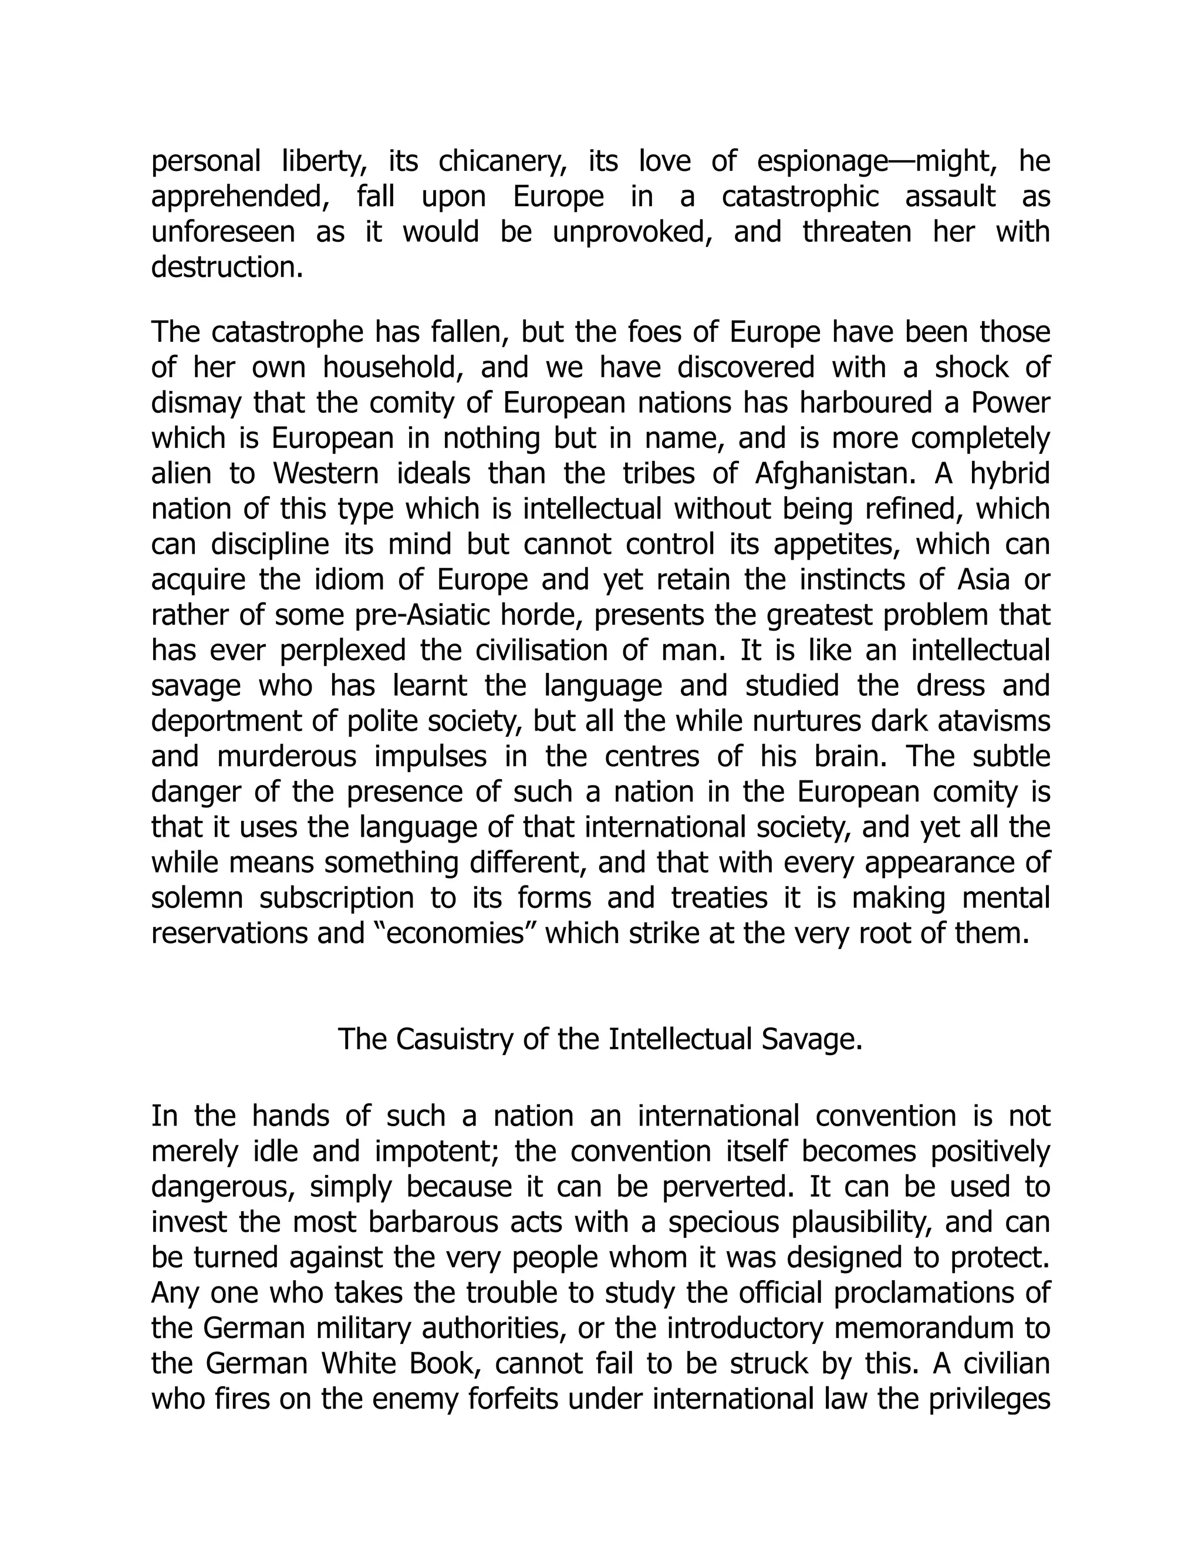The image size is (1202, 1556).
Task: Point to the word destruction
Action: coord(227,268)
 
